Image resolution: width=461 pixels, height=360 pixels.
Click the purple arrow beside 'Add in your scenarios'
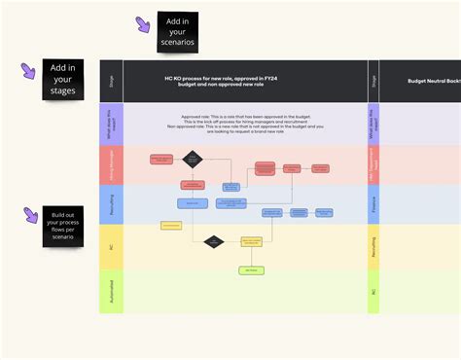[x=143, y=24]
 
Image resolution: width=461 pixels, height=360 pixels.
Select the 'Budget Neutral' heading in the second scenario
[x=434, y=82]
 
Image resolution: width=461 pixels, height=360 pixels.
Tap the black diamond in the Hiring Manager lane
[x=193, y=159]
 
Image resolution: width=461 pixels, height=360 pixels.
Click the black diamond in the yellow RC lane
[x=214, y=240]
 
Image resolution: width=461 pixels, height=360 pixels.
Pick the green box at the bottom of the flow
[x=251, y=270]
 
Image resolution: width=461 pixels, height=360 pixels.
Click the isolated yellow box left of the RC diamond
[x=171, y=226]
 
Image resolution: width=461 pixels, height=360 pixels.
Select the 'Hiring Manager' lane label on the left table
[x=111, y=165]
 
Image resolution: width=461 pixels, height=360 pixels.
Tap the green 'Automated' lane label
[x=111, y=292]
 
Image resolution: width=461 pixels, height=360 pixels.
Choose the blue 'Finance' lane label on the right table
[x=373, y=204]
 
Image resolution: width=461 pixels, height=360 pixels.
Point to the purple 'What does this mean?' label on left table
[x=111, y=125]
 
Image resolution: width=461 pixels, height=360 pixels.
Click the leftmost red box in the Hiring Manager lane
[x=161, y=159]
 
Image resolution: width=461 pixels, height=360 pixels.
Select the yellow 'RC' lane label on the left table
[x=111, y=247]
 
